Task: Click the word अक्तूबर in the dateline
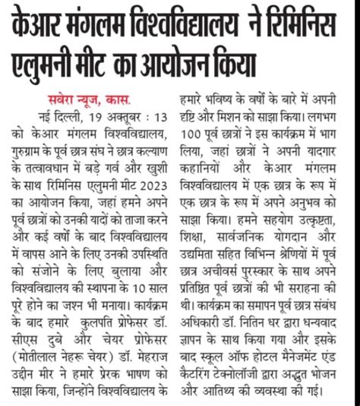tap(123, 115)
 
